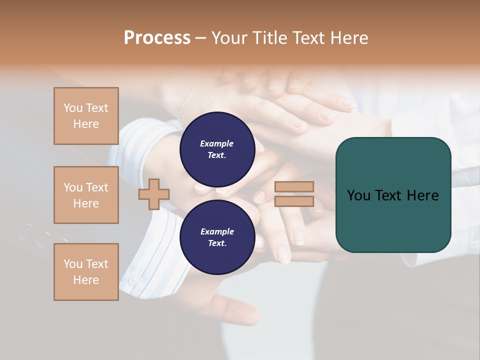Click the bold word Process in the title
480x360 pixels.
click(157, 38)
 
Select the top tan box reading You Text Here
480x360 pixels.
click(86, 116)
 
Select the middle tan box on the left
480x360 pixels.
click(86, 195)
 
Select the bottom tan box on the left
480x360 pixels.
click(86, 272)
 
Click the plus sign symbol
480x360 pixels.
click(154, 193)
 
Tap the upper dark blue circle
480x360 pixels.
click(217, 149)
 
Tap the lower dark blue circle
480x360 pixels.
click(217, 237)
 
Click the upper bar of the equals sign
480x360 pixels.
click(294, 186)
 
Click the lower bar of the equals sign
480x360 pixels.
click(294, 201)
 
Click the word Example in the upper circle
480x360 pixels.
click(217, 143)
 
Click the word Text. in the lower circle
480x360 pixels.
click(217, 243)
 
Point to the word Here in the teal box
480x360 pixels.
click(422, 195)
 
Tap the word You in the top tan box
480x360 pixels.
click(73, 108)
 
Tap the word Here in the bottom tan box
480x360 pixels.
click(86, 280)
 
